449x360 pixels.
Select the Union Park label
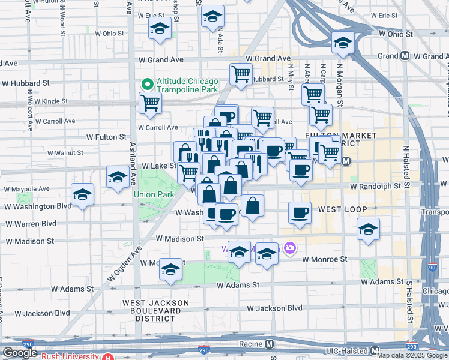pos(153,194)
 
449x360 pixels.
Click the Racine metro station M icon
pos(270,344)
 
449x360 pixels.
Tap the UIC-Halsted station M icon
pos(375,350)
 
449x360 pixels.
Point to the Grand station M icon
pos(405,56)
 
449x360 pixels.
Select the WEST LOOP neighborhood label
pos(342,209)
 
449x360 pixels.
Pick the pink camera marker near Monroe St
pos(290,248)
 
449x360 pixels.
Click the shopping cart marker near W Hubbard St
pos(241,74)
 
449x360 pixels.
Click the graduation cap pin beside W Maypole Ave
pos(82,194)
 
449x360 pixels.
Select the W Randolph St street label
pos(376,187)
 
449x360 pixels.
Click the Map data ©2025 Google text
pos(412,355)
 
